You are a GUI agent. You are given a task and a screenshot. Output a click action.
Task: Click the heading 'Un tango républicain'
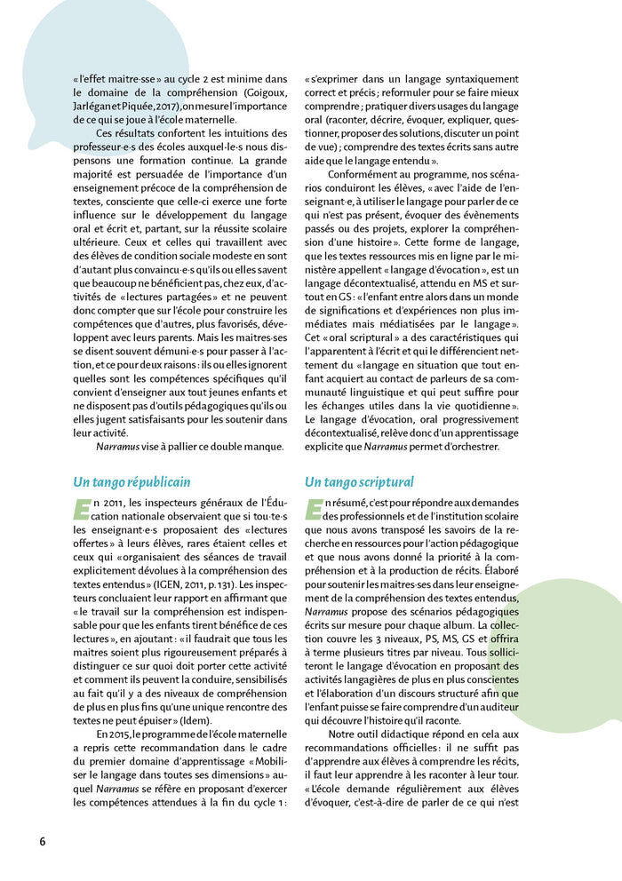tap(132, 482)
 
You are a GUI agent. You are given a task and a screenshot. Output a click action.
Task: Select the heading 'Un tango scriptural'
tap(359, 482)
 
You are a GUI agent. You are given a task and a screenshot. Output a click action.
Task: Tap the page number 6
tap(42, 841)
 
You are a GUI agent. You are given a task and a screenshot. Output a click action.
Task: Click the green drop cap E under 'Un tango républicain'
tap(80, 510)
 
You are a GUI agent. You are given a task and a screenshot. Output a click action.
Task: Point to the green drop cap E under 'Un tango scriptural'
tap(312, 510)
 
